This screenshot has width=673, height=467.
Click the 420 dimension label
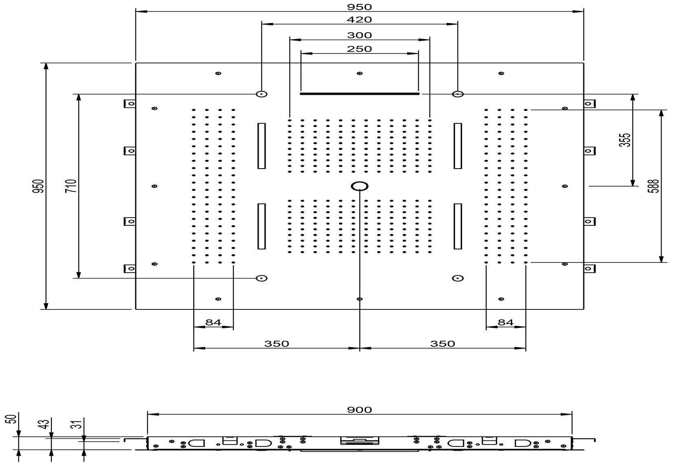359,20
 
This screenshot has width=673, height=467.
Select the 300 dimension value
359,36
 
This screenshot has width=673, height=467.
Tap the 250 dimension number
359,49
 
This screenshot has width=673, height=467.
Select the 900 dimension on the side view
359,409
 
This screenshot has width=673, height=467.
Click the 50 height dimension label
13,419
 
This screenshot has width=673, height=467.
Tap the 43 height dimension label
45,423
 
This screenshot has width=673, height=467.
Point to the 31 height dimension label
78,425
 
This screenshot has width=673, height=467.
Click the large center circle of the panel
360,187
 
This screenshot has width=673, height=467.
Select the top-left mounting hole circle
261,94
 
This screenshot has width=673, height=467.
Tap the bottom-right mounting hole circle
458,278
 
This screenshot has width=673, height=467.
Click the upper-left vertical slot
261,146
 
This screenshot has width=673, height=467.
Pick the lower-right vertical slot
458,226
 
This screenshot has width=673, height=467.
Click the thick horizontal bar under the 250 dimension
359,93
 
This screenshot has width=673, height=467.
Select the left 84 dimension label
213,322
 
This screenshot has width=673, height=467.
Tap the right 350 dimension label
443,344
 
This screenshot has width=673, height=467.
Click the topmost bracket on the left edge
130,104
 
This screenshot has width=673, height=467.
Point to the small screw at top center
359,73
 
